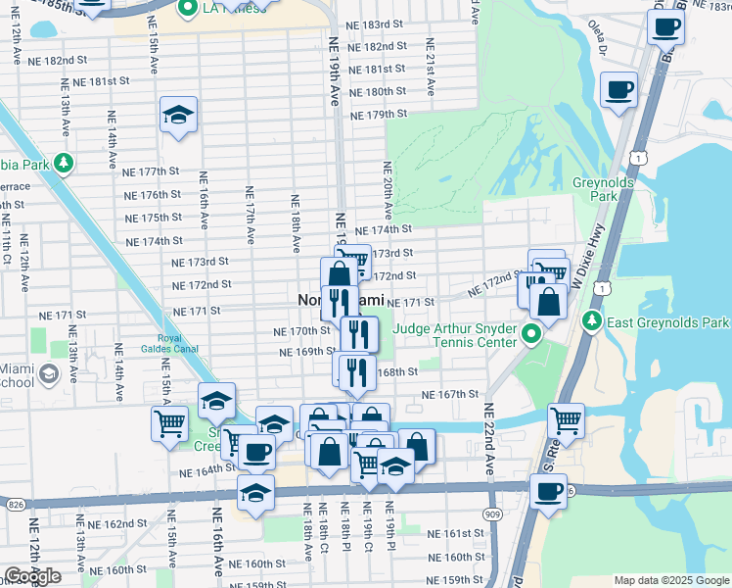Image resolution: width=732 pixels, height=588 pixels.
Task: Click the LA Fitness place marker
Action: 188,8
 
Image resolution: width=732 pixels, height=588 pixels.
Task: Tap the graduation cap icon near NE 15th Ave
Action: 179,116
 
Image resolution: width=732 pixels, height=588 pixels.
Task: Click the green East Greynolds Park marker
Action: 591,322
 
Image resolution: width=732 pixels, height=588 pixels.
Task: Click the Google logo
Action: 32,576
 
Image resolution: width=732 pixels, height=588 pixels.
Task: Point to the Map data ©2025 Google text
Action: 671,580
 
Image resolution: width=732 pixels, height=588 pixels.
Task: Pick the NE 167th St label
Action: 450,394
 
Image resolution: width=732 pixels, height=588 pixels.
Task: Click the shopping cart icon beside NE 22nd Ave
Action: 567,421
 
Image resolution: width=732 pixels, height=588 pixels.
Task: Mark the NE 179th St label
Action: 381,114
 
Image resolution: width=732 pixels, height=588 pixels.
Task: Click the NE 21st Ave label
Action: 430,61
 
